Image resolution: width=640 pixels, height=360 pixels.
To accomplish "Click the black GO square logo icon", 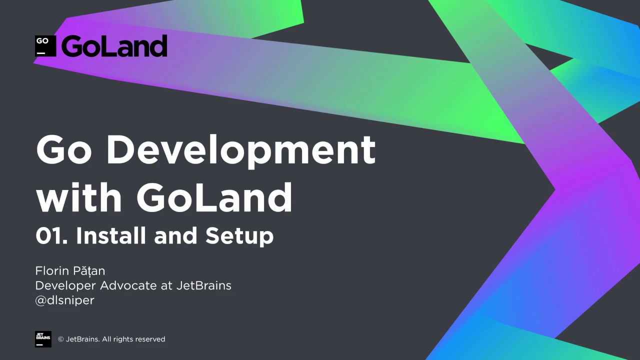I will click(x=45, y=46).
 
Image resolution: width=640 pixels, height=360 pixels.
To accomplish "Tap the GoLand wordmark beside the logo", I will click(x=114, y=46).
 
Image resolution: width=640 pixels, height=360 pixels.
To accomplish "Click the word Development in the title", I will click(x=241, y=150).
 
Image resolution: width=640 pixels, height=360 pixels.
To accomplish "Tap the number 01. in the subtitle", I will click(x=51, y=236).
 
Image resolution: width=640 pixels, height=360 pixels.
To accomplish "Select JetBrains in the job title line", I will click(x=203, y=285).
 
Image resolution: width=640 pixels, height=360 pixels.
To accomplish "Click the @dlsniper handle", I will click(x=64, y=300).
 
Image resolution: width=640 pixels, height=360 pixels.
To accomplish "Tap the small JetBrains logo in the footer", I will click(x=43, y=339).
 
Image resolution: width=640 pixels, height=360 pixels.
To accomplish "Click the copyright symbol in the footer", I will click(x=61, y=339).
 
